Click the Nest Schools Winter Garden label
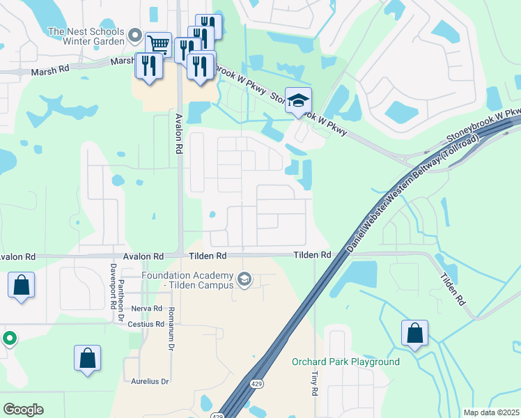tap(86, 37)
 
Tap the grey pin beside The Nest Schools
tap(135, 35)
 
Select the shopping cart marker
tap(158, 45)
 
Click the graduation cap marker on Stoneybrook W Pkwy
tap(299, 100)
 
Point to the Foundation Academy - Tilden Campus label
tap(188, 280)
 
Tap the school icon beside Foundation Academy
tap(244, 280)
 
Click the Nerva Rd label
tap(147, 308)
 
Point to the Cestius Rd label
tap(147, 324)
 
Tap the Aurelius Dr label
tap(150, 382)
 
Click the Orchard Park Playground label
tap(345, 362)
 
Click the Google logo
tap(23, 409)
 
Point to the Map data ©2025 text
tap(491, 412)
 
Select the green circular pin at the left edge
tap(9, 339)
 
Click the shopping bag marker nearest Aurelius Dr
tap(88, 358)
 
